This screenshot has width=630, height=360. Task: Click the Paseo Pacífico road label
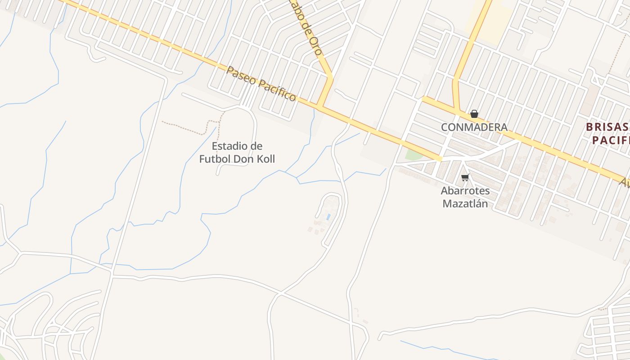coord(261,84)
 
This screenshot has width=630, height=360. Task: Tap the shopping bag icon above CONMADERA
coord(474,114)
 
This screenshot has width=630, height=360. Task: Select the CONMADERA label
coord(474,127)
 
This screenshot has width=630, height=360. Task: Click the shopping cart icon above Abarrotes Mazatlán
coord(465,178)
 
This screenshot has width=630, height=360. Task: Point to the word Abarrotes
coord(465,191)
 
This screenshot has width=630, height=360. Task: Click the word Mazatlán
coord(465,203)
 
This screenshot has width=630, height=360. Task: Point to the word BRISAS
coord(607,127)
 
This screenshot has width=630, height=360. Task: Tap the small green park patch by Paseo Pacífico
coord(413,155)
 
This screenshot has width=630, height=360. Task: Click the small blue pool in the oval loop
coord(328,217)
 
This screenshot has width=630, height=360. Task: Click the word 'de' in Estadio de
coord(256,146)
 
